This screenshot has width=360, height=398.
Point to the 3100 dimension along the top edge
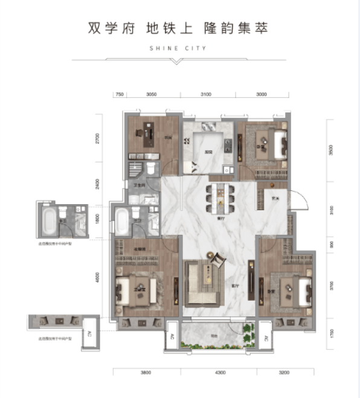click(206, 94)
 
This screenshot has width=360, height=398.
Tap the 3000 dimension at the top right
click(261, 94)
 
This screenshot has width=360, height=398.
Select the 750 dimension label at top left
click(120, 94)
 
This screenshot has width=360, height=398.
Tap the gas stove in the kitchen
click(228, 147)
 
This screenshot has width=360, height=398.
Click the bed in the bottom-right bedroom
click(292, 289)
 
